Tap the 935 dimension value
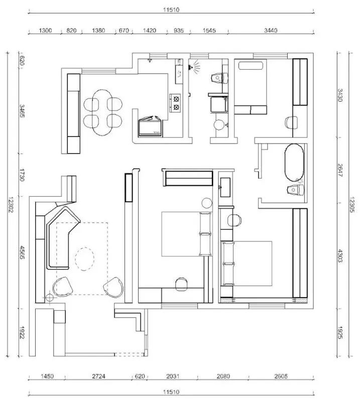point(178,31)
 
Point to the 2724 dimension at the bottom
point(98,375)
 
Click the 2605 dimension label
point(282,375)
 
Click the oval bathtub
point(294,162)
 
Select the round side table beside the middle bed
point(207,203)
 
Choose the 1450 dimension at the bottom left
point(47,375)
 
